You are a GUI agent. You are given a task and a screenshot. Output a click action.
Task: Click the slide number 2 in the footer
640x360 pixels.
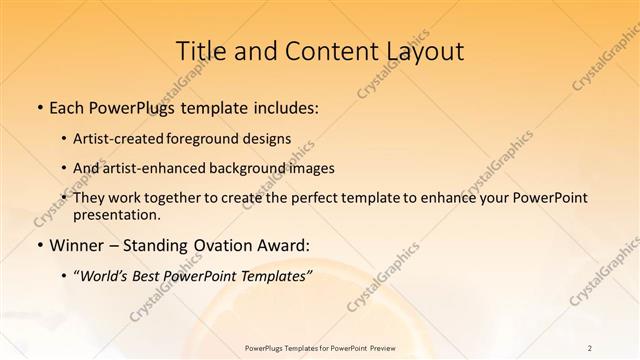590,347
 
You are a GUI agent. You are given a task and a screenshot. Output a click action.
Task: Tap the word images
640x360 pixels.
312,168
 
